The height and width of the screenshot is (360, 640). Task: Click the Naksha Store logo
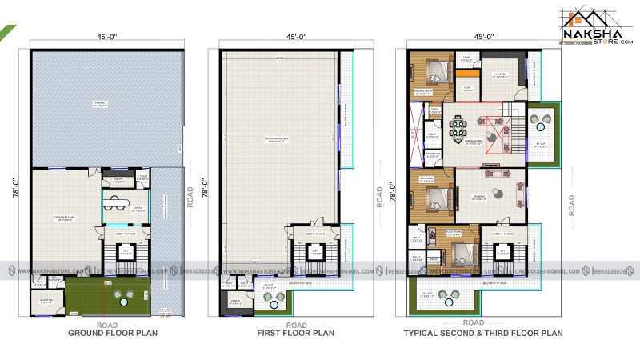click(595, 26)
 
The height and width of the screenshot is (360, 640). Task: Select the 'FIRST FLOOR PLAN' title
click(296, 333)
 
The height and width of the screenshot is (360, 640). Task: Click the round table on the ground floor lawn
click(124, 297)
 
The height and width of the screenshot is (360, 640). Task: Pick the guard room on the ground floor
click(46, 302)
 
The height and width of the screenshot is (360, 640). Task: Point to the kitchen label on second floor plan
click(500, 75)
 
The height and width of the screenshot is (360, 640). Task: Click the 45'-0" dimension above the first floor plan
click(296, 37)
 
